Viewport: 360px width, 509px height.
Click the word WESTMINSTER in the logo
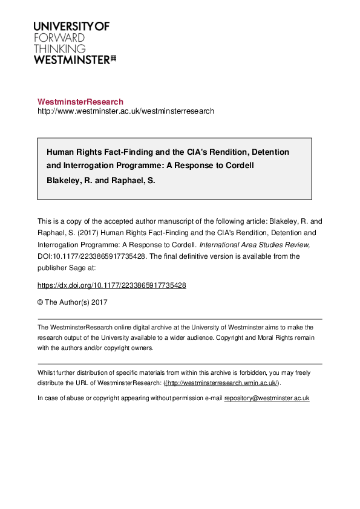pos(71,59)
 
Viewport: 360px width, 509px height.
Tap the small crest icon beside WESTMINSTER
pos(113,59)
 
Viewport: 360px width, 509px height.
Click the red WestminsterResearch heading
pos(80,102)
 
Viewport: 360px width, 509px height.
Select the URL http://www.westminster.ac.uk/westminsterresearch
pos(126,111)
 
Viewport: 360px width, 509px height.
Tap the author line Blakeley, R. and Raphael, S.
pos(101,180)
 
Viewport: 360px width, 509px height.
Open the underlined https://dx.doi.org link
pos(111,285)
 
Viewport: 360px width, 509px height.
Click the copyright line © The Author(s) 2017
pos(72,301)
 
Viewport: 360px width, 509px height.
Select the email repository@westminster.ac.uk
pos(266,398)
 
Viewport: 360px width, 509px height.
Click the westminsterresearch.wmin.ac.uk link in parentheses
pos(221,383)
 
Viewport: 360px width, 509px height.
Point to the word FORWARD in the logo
pos(59,37)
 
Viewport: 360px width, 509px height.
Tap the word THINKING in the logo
pos(59,48)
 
